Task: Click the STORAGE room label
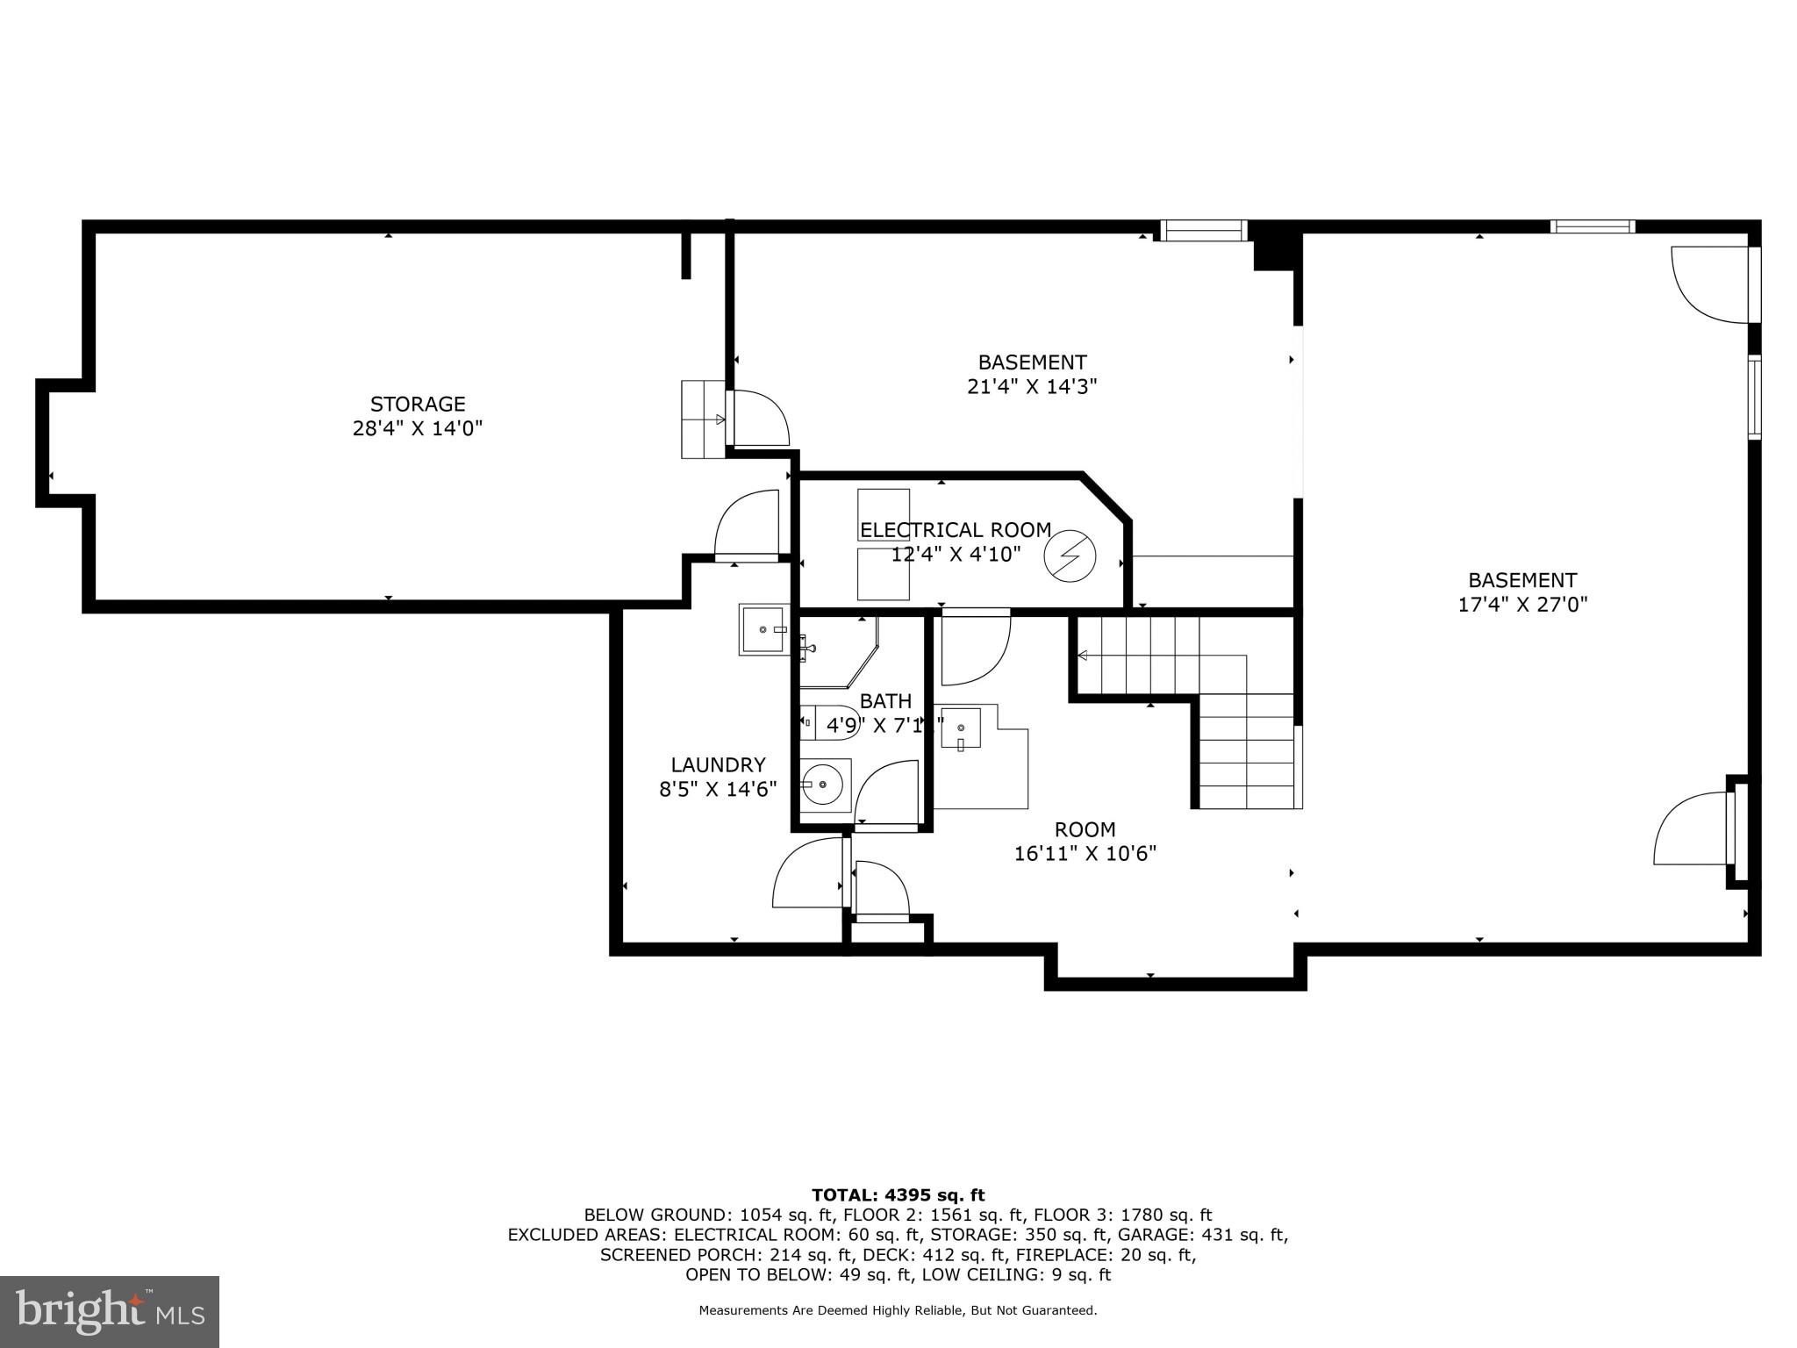click(x=418, y=405)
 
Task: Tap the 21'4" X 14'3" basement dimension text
click(x=1032, y=387)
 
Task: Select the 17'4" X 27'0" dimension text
click(x=1522, y=605)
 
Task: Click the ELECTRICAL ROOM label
click(x=955, y=530)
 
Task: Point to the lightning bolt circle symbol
click(x=1070, y=556)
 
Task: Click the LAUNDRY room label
click(x=718, y=764)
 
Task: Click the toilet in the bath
click(x=828, y=722)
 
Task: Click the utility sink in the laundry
click(x=763, y=629)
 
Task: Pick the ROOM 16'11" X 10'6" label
click(x=1085, y=842)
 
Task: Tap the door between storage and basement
click(x=761, y=419)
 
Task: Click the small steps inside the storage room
click(x=704, y=419)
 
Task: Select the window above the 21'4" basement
click(x=1203, y=231)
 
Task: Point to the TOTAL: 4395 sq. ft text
click(x=898, y=1194)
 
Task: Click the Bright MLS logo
click(x=110, y=1311)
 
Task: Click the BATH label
click(x=885, y=701)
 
